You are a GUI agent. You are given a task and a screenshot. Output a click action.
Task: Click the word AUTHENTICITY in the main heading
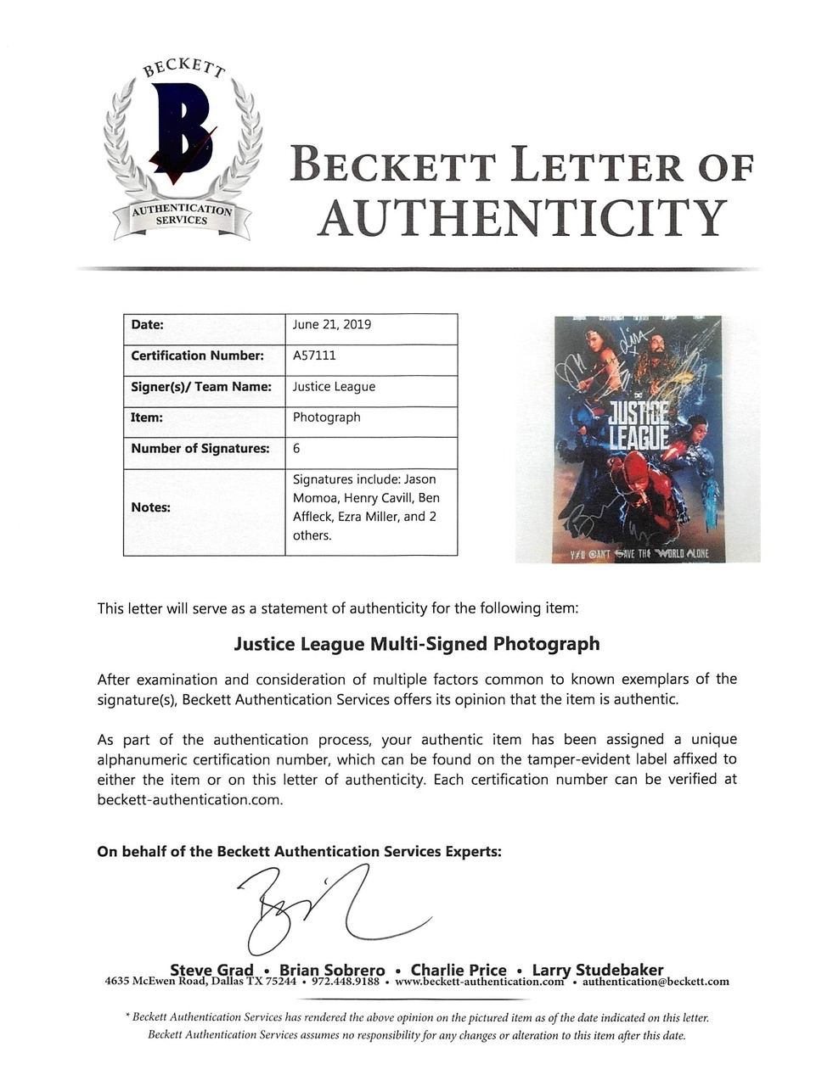tap(521, 218)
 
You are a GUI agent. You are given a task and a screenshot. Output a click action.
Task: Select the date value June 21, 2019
tap(332, 325)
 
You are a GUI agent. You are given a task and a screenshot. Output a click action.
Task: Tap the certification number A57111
tap(315, 355)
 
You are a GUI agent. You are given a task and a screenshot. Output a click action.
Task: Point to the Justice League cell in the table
tap(334, 387)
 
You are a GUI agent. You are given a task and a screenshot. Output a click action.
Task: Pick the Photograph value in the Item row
tap(327, 417)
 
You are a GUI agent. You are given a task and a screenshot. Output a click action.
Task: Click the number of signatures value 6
tap(296, 449)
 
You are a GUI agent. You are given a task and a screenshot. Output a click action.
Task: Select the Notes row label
tap(150, 507)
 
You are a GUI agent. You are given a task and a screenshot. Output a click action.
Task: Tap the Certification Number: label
tap(197, 355)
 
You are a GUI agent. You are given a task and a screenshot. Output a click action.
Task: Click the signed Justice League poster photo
tap(637, 439)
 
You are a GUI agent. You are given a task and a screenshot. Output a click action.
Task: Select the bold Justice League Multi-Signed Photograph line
tap(416, 644)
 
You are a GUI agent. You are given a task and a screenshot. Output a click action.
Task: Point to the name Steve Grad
tap(211, 970)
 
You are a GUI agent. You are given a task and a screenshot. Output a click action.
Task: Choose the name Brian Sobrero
tap(332, 970)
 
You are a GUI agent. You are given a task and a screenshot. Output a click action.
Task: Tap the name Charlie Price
tap(459, 970)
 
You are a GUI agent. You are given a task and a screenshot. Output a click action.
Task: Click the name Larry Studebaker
tap(598, 970)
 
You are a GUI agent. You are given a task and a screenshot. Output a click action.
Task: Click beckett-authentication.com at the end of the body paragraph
tap(189, 799)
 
